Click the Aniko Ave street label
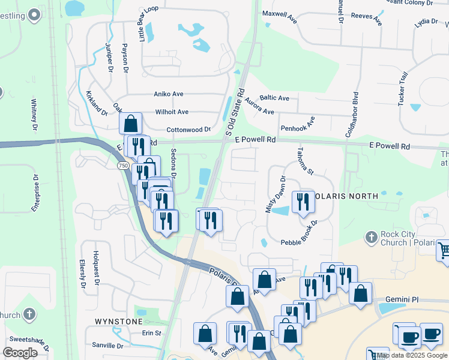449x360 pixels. point(168,94)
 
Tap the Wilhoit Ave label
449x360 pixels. point(172,112)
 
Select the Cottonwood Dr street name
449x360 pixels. point(188,130)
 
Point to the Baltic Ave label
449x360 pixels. point(275,98)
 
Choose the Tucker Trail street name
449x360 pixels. point(403,89)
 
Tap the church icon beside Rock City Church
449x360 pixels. point(370,238)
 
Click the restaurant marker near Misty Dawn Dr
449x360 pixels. point(303,202)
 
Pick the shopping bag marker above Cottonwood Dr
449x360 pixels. point(130,124)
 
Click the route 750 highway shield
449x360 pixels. point(123,166)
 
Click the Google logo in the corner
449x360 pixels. point(20,352)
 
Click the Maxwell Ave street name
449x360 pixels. point(280,13)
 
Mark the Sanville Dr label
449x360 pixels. point(107,346)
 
